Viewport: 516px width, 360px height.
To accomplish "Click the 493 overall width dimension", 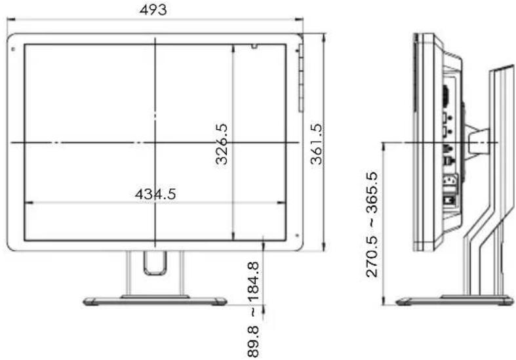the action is click(153, 10).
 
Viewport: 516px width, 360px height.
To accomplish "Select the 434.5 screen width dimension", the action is click(155, 194).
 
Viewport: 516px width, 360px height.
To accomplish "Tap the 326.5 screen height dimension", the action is click(222, 144).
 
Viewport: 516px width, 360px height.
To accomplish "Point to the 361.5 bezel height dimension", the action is click(317, 144).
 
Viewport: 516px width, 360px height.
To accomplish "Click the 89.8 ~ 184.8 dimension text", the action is click(253, 310).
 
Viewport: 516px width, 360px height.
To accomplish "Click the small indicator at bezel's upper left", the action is click(13, 49).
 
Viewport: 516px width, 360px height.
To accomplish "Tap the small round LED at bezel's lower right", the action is click(297, 235).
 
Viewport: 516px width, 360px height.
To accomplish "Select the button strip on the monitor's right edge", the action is click(301, 78).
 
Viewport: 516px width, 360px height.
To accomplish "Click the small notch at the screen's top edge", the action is click(254, 46).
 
